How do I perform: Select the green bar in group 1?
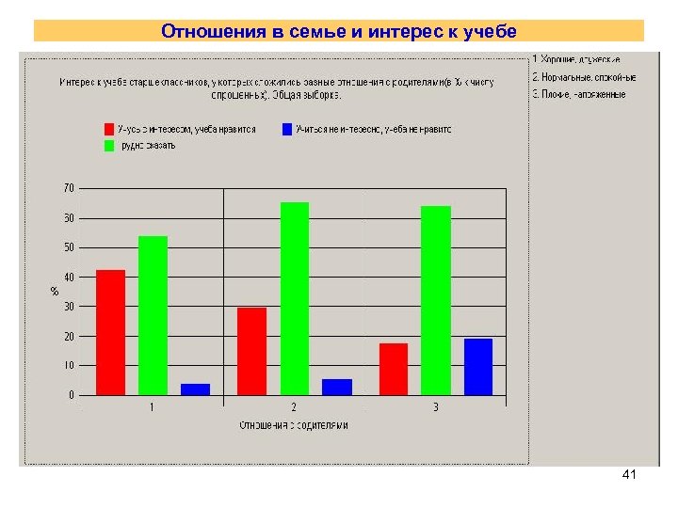[x=153, y=315]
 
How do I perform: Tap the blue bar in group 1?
[x=195, y=389]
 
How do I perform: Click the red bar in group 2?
[x=251, y=351]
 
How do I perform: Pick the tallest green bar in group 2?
[x=295, y=298]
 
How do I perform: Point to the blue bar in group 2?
[x=337, y=387]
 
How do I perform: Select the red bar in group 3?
[x=394, y=369]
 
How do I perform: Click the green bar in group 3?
[x=436, y=300]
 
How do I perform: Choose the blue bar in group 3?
[x=478, y=366]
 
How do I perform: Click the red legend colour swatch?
[x=109, y=129]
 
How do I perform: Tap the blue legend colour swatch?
[x=286, y=129]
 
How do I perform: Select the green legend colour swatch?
[x=109, y=146]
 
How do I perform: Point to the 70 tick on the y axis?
[x=69, y=189]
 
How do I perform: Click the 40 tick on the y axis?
[x=69, y=278]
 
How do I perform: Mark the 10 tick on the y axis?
[x=69, y=366]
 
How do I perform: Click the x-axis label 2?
[x=294, y=407]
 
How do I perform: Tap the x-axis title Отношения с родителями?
[x=294, y=425]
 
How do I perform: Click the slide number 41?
[x=629, y=476]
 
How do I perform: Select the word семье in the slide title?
[x=299, y=32]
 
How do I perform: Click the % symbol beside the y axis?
[x=54, y=292]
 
